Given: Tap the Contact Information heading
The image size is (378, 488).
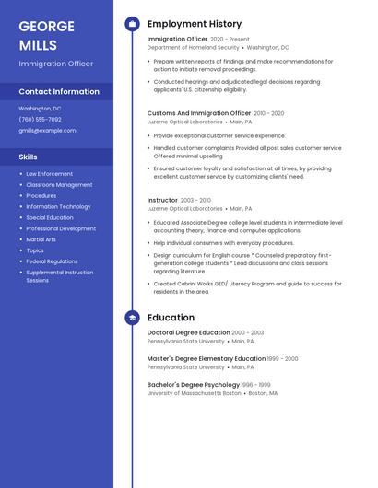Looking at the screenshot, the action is [59, 92].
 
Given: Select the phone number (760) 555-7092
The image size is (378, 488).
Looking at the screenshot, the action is [40, 119].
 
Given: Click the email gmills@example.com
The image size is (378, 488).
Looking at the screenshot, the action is [47, 131].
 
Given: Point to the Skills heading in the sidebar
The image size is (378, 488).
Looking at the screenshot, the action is [28, 157].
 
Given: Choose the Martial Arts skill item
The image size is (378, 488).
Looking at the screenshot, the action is [41, 239].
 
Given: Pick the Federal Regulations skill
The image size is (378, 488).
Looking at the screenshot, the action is [52, 261].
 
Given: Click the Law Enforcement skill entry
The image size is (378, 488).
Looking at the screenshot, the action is [49, 173].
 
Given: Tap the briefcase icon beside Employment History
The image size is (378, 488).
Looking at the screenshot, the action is [132, 24].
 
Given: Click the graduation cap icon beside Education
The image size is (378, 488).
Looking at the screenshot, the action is [132, 318].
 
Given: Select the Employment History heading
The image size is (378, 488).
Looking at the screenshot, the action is [195, 24].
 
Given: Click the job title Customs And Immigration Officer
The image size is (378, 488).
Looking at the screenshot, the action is [199, 113].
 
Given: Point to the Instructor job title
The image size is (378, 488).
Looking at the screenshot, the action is [162, 200].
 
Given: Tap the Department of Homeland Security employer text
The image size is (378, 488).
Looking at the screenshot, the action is [193, 47].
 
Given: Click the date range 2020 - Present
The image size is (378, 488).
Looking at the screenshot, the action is [230, 40].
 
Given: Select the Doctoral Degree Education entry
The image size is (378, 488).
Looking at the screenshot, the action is [188, 332].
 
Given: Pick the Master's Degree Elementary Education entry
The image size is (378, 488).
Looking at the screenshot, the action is [206, 358].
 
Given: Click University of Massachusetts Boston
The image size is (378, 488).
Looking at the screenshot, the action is [194, 392].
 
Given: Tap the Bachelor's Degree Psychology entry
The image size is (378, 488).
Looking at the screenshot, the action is [193, 384].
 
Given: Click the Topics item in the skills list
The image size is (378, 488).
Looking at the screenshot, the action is [35, 250].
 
